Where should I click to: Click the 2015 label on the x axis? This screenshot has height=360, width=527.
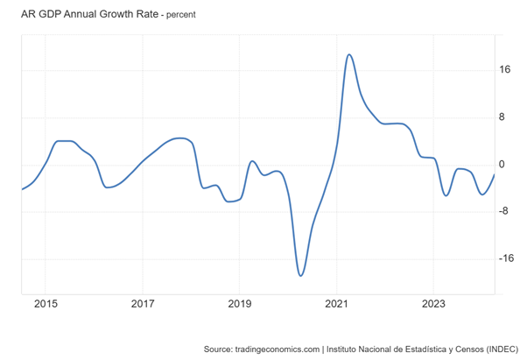46,304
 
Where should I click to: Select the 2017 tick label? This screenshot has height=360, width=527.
143,304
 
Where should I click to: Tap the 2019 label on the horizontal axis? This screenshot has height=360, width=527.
240,304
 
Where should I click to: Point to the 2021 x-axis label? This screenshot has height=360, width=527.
337,304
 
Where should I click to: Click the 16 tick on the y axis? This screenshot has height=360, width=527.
506,71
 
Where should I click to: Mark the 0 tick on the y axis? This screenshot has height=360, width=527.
503,165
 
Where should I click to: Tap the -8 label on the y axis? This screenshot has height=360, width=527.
504,212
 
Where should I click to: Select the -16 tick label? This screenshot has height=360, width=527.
507,259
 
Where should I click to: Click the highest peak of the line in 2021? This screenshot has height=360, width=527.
349,54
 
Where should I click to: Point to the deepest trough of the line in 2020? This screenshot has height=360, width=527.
300,276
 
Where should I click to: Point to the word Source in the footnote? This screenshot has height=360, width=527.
218,349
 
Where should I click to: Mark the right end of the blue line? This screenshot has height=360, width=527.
495,174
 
